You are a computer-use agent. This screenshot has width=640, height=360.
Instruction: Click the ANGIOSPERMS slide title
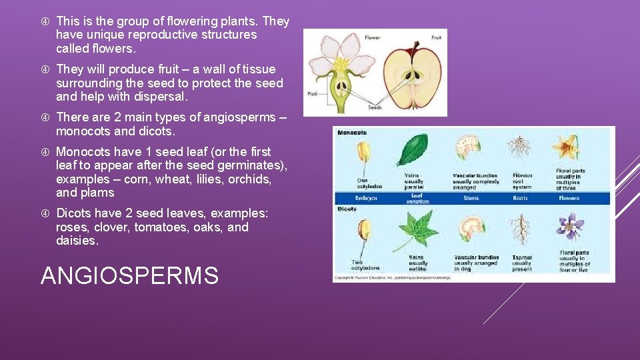pyautogui.click(x=129, y=275)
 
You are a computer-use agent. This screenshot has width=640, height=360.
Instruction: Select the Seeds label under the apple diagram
pyautogui.click(x=374, y=108)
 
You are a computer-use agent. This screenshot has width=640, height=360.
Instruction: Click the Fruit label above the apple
pyautogui.click(x=436, y=38)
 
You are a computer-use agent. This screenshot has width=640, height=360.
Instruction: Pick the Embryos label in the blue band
pyautogui.click(x=367, y=198)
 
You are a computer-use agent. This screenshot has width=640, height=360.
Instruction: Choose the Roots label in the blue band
pyautogui.click(x=520, y=198)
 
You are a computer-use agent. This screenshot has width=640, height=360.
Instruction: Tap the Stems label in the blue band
pyautogui.click(x=471, y=198)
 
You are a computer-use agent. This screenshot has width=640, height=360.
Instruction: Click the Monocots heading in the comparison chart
pyautogui.click(x=353, y=133)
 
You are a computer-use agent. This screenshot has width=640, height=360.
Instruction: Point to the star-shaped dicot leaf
pyautogui.click(x=419, y=230)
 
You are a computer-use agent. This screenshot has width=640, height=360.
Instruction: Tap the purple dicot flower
pyautogui.click(x=570, y=226)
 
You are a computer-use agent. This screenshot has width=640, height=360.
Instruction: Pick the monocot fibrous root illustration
pyautogui.click(x=520, y=147)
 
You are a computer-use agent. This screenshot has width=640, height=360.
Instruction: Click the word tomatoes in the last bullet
pyautogui.click(x=157, y=227)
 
